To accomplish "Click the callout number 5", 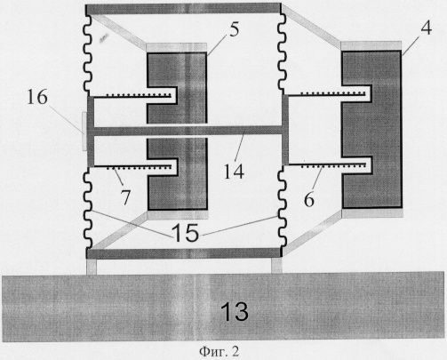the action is click(234, 29).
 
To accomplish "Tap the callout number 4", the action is click(426, 28).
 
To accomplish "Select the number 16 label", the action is click(37, 97).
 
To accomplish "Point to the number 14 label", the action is click(234, 172).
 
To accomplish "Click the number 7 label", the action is click(125, 197).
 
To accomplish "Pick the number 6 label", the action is click(308, 200).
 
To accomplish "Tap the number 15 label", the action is click(185, 233).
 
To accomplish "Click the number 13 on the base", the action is click(235, 312).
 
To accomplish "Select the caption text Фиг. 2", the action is click(220, 352).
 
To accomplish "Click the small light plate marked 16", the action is click(84, 131).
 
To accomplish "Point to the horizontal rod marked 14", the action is click(188, 131).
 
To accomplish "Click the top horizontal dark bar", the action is click(183, 9).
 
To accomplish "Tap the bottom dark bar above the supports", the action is click(183, 253).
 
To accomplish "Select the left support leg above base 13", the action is click(92, 267).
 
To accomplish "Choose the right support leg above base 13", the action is click(276, 266).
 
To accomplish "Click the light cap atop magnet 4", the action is click(371, 46).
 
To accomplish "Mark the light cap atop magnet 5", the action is click(177, 48).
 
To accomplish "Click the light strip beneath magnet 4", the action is click(372, 213).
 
